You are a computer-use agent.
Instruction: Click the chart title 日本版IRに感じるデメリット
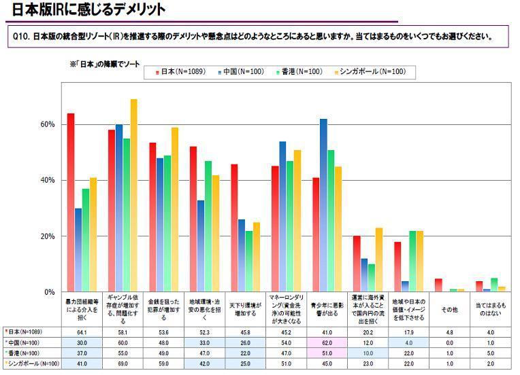[88, 10]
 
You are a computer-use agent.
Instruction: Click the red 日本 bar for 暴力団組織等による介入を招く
[70, 204]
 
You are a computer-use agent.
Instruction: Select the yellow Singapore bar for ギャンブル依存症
[134, 197]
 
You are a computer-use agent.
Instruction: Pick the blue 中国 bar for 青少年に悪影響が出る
[323, 204]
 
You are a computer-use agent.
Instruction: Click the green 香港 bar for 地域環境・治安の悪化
[208, 228]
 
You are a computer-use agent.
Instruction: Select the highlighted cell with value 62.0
[327, 343]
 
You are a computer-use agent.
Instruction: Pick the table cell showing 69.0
[123, 363]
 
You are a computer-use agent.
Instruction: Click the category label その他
[449, 309]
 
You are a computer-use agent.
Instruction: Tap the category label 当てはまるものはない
[490, 309]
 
